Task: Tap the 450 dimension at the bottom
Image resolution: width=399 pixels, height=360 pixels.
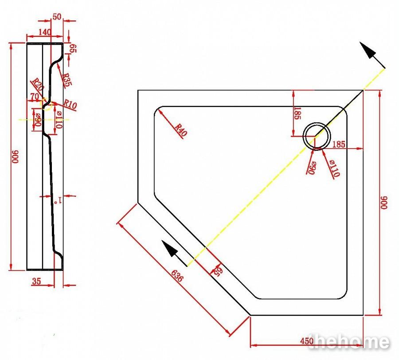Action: (307, 341)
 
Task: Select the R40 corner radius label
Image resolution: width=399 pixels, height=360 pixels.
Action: (181, 129)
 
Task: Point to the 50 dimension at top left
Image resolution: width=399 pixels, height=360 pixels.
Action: (57, 17)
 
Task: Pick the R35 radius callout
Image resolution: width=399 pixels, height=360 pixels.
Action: (67, 80)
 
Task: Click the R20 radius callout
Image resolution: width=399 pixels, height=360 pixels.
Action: (37, 84)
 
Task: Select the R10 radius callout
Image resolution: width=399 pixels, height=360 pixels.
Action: (70, 105)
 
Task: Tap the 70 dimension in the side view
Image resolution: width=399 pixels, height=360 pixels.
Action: (35, 97)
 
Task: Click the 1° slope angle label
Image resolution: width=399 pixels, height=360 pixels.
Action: (58, 200)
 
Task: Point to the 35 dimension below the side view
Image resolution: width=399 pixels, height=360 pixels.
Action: (36, 281)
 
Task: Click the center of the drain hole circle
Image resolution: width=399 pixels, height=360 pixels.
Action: (317, 137)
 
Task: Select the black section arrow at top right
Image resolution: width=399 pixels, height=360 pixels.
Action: (372, 55)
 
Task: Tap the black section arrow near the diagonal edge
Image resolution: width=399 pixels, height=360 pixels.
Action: (175, 254)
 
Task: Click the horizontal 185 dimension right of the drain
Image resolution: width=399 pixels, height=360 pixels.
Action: (339, 145)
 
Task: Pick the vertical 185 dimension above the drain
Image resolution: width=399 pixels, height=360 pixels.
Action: (297, 113)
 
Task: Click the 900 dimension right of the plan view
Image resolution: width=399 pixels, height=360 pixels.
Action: (384, 203)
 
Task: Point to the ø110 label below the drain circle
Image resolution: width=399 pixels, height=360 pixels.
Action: (334, 168)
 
